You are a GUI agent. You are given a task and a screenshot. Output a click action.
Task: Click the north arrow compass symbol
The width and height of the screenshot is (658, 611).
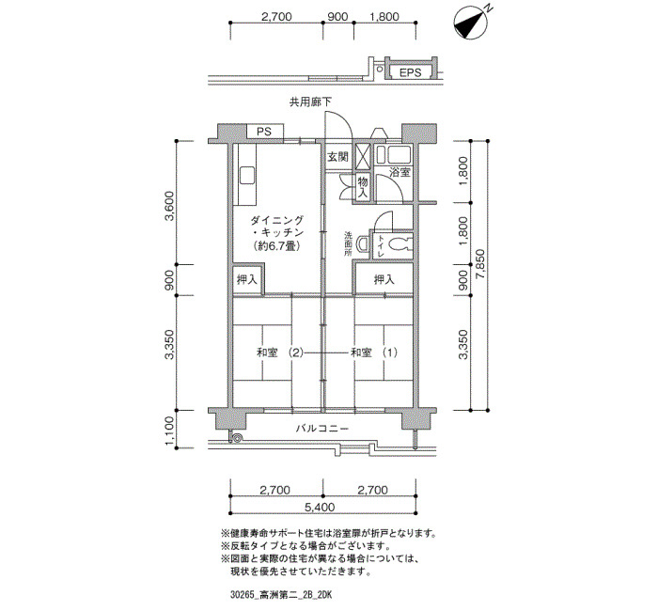click(471, 23)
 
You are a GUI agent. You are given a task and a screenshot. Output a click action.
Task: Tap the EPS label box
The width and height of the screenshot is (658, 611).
click(411, 72)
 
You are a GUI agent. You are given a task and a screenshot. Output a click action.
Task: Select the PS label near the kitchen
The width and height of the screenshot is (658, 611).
click(264, 132)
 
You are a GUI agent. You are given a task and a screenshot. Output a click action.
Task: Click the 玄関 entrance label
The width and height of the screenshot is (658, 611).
click(337, 157)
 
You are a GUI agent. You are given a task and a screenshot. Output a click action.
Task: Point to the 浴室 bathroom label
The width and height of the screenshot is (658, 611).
click(399, 172)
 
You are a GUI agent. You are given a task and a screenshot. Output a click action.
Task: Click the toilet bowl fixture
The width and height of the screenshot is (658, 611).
click(399, 243)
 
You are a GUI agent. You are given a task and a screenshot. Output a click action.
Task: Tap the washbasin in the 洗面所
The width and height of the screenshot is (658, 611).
click(362, 243)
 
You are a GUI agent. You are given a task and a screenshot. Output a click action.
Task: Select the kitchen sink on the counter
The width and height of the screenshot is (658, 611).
click(247, 175)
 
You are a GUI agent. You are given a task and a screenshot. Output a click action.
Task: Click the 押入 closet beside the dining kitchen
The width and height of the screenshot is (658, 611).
click(246, 279)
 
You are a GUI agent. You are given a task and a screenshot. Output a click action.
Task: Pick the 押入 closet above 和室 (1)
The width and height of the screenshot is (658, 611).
click(384, 279)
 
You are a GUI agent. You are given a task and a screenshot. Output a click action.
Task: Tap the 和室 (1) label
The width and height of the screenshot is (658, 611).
click(374, 352)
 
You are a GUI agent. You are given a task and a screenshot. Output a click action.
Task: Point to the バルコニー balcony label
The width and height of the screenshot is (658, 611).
click(322, 429)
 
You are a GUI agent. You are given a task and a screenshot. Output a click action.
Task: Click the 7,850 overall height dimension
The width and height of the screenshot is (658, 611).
click(480, 264)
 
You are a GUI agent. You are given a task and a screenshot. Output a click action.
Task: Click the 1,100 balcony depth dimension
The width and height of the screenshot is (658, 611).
click(169, 431)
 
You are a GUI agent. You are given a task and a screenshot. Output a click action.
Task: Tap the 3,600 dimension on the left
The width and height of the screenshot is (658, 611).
click(169, 206)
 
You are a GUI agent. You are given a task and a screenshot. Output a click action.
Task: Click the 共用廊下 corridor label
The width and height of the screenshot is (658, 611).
click(310, 102)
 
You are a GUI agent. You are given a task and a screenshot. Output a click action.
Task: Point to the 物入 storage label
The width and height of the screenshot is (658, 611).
click(363, 187)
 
